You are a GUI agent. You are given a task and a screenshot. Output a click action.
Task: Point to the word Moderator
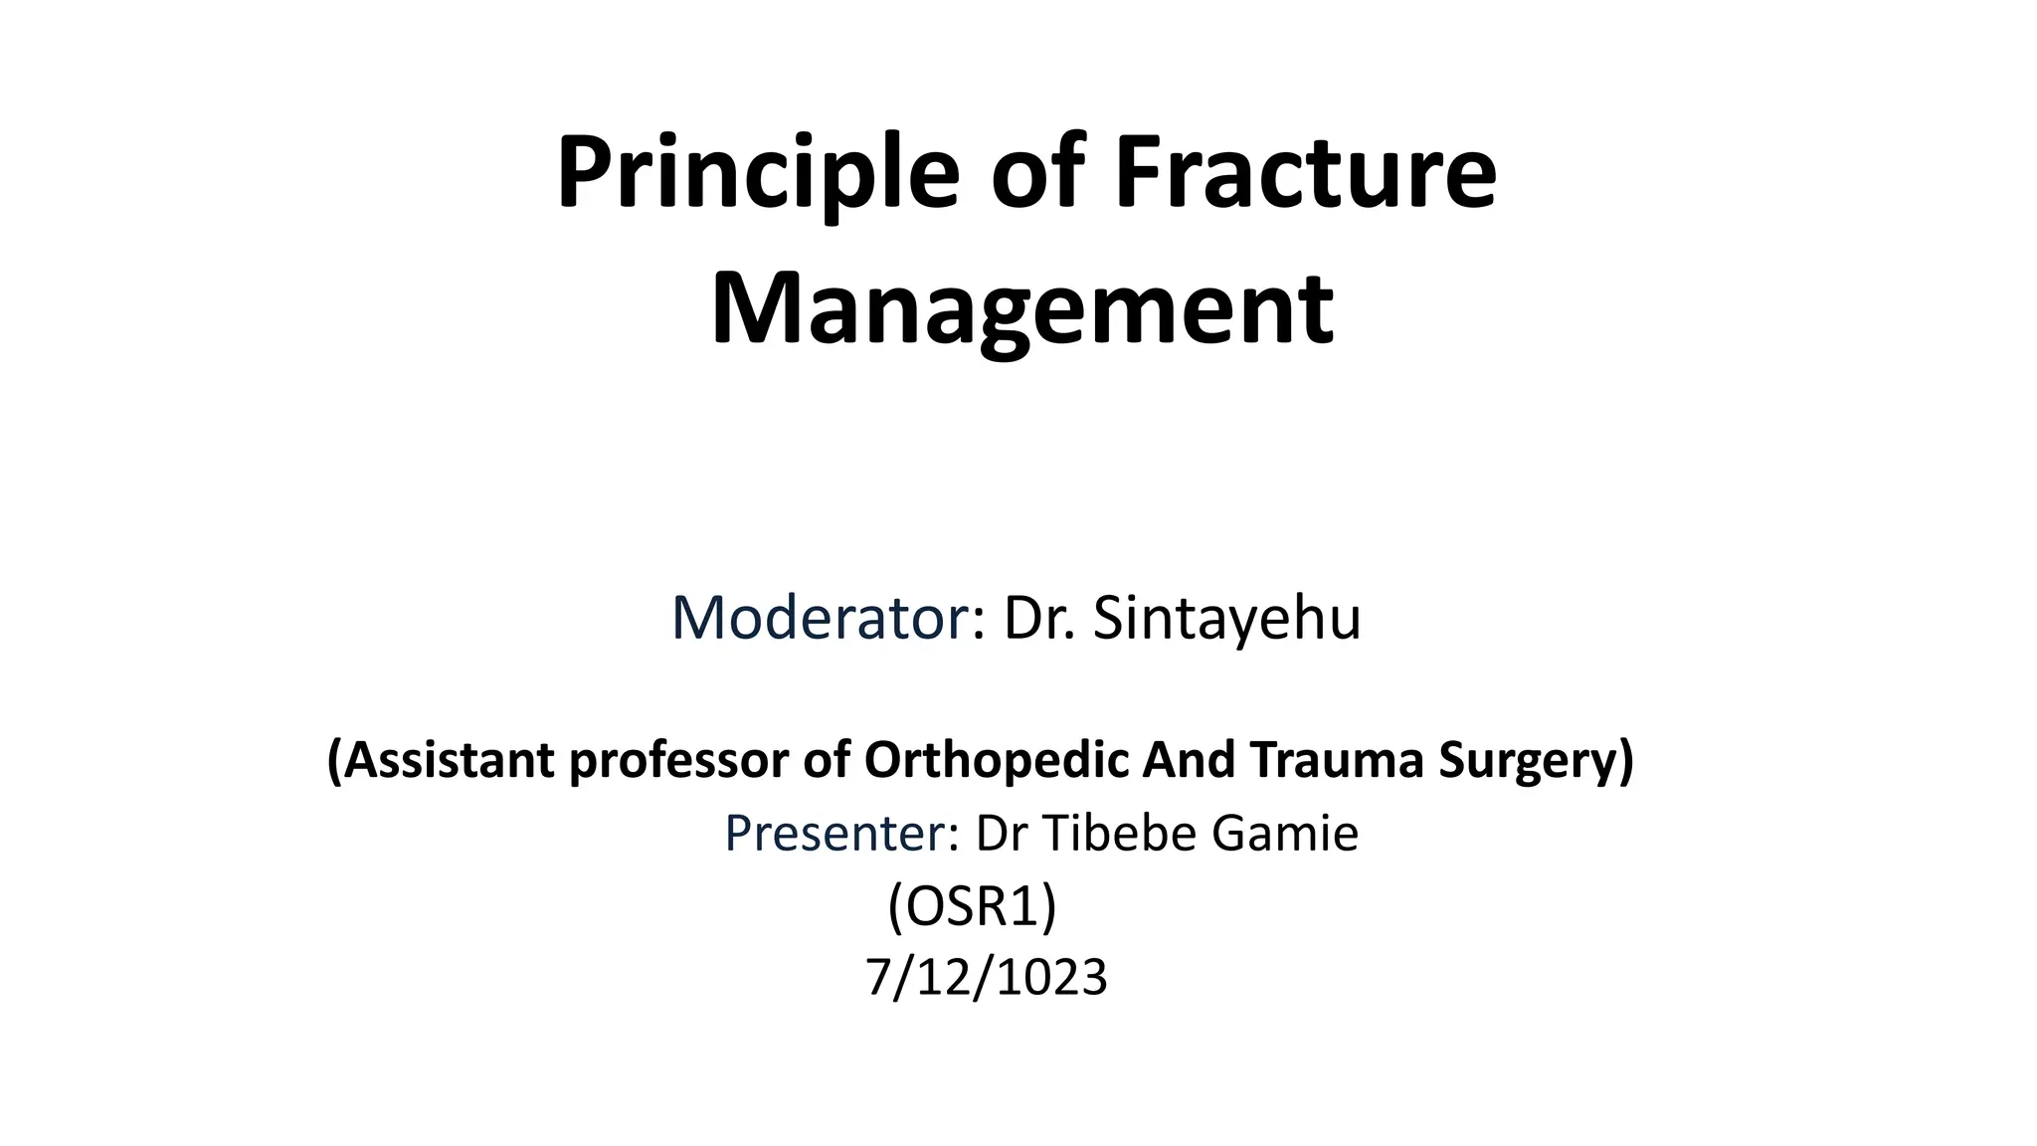pos(820,618)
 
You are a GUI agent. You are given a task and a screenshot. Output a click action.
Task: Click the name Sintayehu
pos(1226,618)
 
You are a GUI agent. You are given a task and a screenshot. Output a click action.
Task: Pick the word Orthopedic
pos(996,761)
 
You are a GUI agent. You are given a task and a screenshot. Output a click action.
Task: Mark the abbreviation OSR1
pos(972,906)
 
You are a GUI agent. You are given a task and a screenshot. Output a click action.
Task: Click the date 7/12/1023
pos(986,978)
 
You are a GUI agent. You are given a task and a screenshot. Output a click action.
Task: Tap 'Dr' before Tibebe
pos(1001,834)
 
